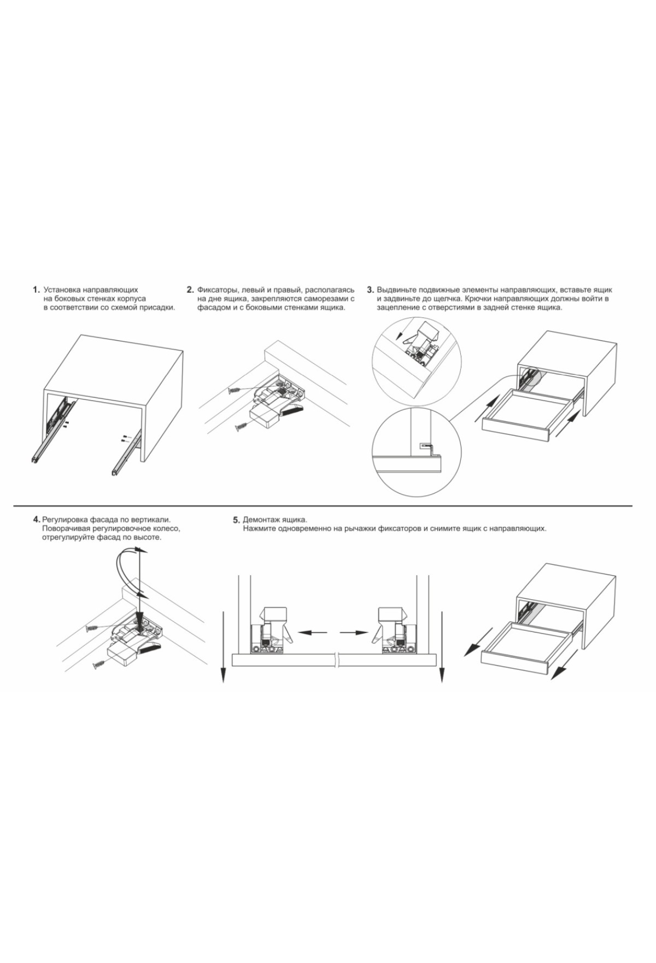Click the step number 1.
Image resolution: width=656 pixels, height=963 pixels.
point(36,289)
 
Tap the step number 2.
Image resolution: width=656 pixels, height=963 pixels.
point(190,289)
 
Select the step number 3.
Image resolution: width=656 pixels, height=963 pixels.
point(370,289)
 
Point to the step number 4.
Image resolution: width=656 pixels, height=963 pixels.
point(36,519)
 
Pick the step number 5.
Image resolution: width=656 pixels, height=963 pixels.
point(236,520)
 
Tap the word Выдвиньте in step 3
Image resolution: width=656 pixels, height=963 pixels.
point(397,289)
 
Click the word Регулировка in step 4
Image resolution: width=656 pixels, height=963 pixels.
point(65,520)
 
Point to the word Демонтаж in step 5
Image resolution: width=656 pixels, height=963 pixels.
point(262,520)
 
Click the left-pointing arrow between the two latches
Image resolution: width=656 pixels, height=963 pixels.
point(312,633)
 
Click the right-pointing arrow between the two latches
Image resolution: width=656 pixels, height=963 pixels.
point(354,633)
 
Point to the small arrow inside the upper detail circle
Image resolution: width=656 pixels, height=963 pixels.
point(401,333)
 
